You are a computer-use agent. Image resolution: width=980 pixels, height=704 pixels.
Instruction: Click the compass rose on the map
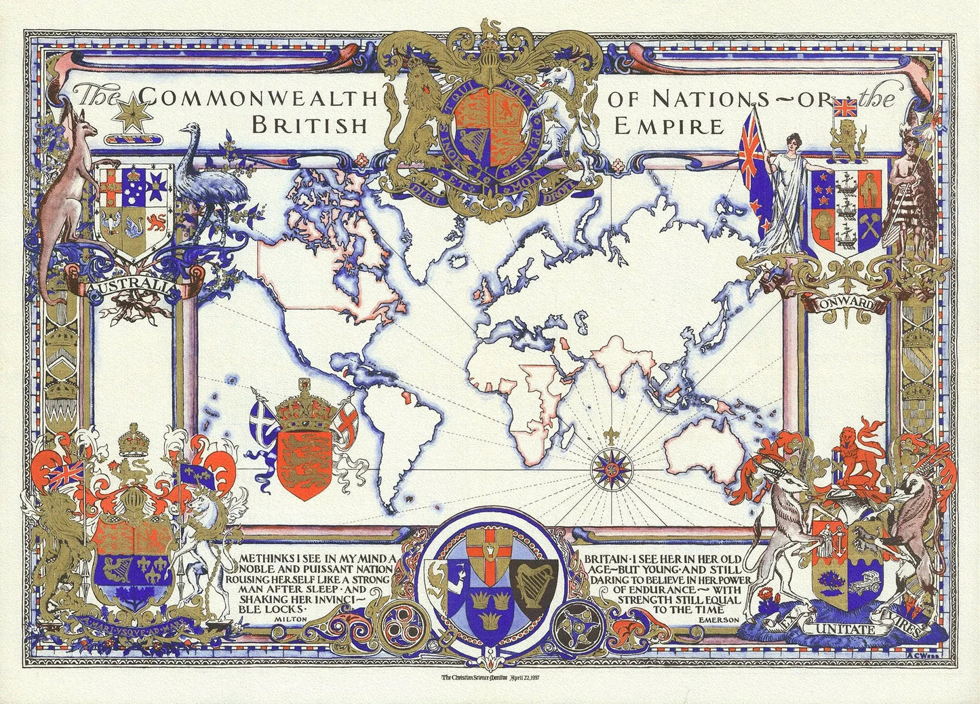[607, 467]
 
